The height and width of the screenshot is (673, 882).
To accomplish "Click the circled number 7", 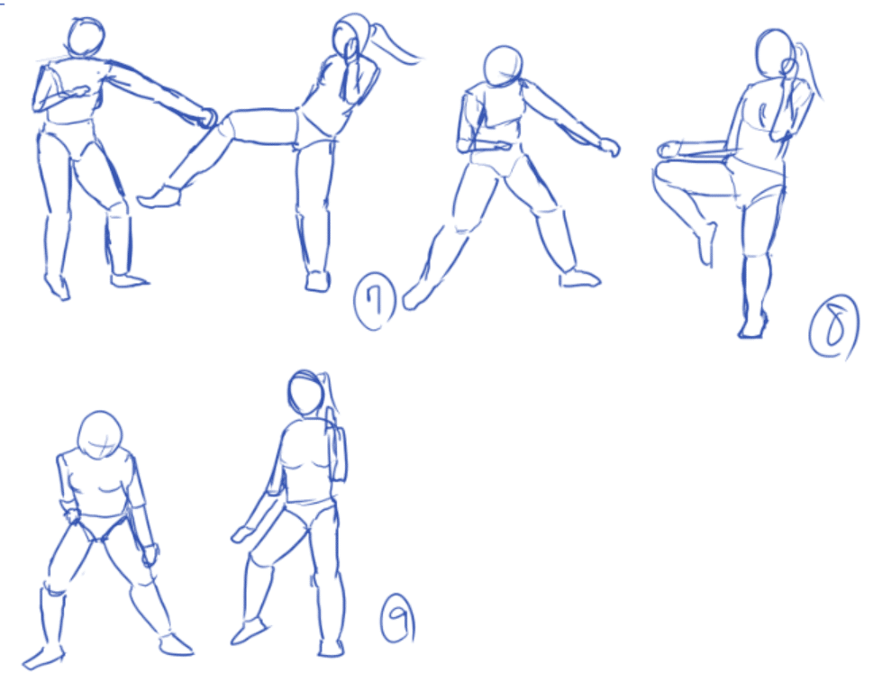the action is pos(375,301).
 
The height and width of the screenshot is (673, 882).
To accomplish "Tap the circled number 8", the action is pos(834,327).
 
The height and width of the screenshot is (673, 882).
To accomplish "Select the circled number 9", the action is pos(398,618).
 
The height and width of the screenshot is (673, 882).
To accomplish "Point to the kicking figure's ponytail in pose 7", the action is pos(396,45).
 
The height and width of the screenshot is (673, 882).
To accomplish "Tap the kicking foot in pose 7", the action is pos(159,196).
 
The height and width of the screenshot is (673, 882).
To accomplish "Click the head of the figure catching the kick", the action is pos(86,37).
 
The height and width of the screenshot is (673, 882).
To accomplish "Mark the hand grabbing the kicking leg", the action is pos(207,117).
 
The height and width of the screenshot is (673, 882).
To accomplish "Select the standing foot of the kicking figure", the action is pos(318,281).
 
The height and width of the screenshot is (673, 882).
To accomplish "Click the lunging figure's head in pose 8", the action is pos(503,66).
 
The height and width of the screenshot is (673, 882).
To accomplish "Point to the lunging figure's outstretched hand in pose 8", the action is pos(609,146).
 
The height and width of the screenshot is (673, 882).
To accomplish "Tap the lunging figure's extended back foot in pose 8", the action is pos(416,296).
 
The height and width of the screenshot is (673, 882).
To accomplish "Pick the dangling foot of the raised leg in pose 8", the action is pos(706,243).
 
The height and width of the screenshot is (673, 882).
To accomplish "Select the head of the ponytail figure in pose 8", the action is pos(775,53).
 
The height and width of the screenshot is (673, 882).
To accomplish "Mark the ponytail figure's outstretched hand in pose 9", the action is pos(241,534).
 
